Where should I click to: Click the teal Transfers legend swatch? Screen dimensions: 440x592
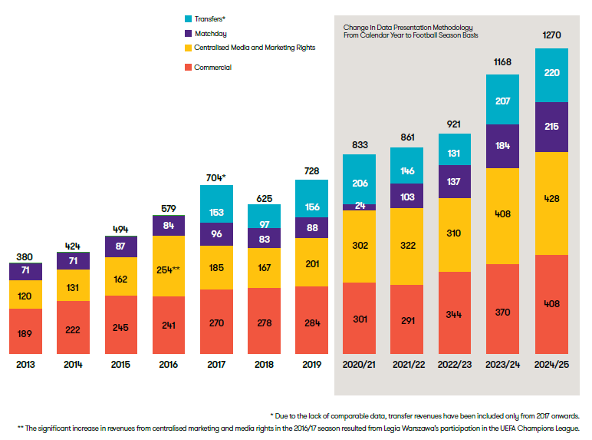coord(189,18)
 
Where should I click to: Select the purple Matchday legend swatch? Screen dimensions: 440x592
coord(189,33)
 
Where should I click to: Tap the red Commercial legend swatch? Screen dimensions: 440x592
coord(189,68)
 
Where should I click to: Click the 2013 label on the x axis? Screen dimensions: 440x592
coord(25,365)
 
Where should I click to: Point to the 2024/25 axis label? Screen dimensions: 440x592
coord(551,365)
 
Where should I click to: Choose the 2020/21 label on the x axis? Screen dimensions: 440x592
coord(360,365)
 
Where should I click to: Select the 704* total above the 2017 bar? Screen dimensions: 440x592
coord(217,177)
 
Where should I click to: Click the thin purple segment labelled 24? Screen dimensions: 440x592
coord(360,207)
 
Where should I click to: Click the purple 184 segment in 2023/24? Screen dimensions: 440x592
coord(502,146)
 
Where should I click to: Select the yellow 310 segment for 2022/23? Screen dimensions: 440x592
coord(455,235)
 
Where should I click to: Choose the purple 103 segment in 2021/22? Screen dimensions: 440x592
coord(407,197)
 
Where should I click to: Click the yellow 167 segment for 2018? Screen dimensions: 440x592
coord(265,269)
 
